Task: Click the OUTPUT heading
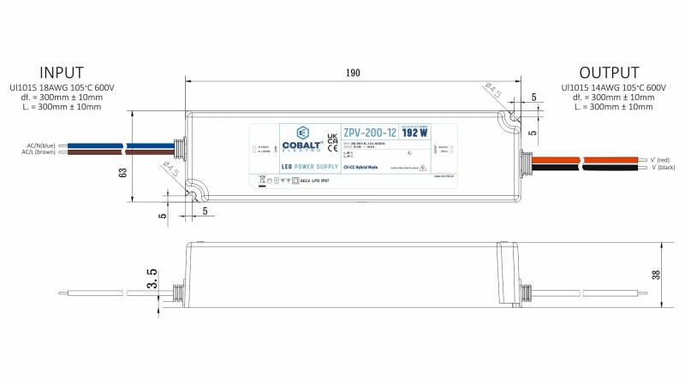[x=609, y=72]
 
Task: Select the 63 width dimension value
[x=123, y=172]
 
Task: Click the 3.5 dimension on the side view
[x=152, y=278]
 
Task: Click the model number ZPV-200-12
[x=369, y=133]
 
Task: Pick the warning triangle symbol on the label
[x=421, y=169]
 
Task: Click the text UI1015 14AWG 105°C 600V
[x=612, y=87]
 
